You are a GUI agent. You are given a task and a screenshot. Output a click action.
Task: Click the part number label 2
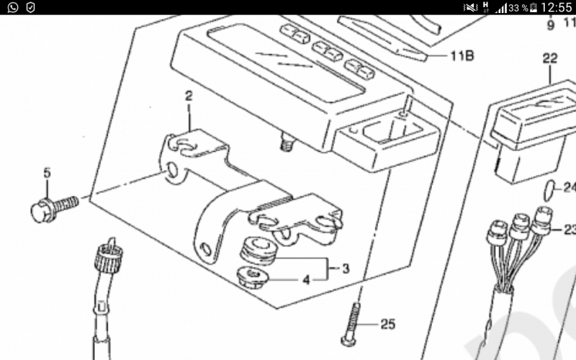point(189,96)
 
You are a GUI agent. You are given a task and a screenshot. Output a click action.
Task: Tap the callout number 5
point(47,173)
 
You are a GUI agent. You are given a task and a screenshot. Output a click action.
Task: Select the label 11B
point(462,55)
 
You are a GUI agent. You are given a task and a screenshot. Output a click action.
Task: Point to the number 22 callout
point(550,58)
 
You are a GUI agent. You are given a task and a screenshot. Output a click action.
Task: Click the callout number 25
point(387,324)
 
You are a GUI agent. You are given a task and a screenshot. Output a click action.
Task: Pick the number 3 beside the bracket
point(346,269)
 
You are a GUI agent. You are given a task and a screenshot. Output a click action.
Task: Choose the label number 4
point(307,280)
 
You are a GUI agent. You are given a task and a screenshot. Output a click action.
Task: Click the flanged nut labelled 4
point(253,277)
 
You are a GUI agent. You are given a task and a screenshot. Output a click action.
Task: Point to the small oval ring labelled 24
point(549,191)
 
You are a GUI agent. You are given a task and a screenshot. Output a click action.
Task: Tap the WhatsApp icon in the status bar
point(13,7)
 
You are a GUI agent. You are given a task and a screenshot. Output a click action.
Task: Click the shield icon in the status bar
point(31,7)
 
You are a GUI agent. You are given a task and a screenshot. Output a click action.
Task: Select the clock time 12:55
point(557,7)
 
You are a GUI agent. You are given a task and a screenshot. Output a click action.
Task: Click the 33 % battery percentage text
point(518,8)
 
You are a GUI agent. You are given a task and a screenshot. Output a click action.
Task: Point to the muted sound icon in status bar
point(470,7)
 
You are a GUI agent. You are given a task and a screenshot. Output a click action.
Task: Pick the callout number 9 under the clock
point(550,25)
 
